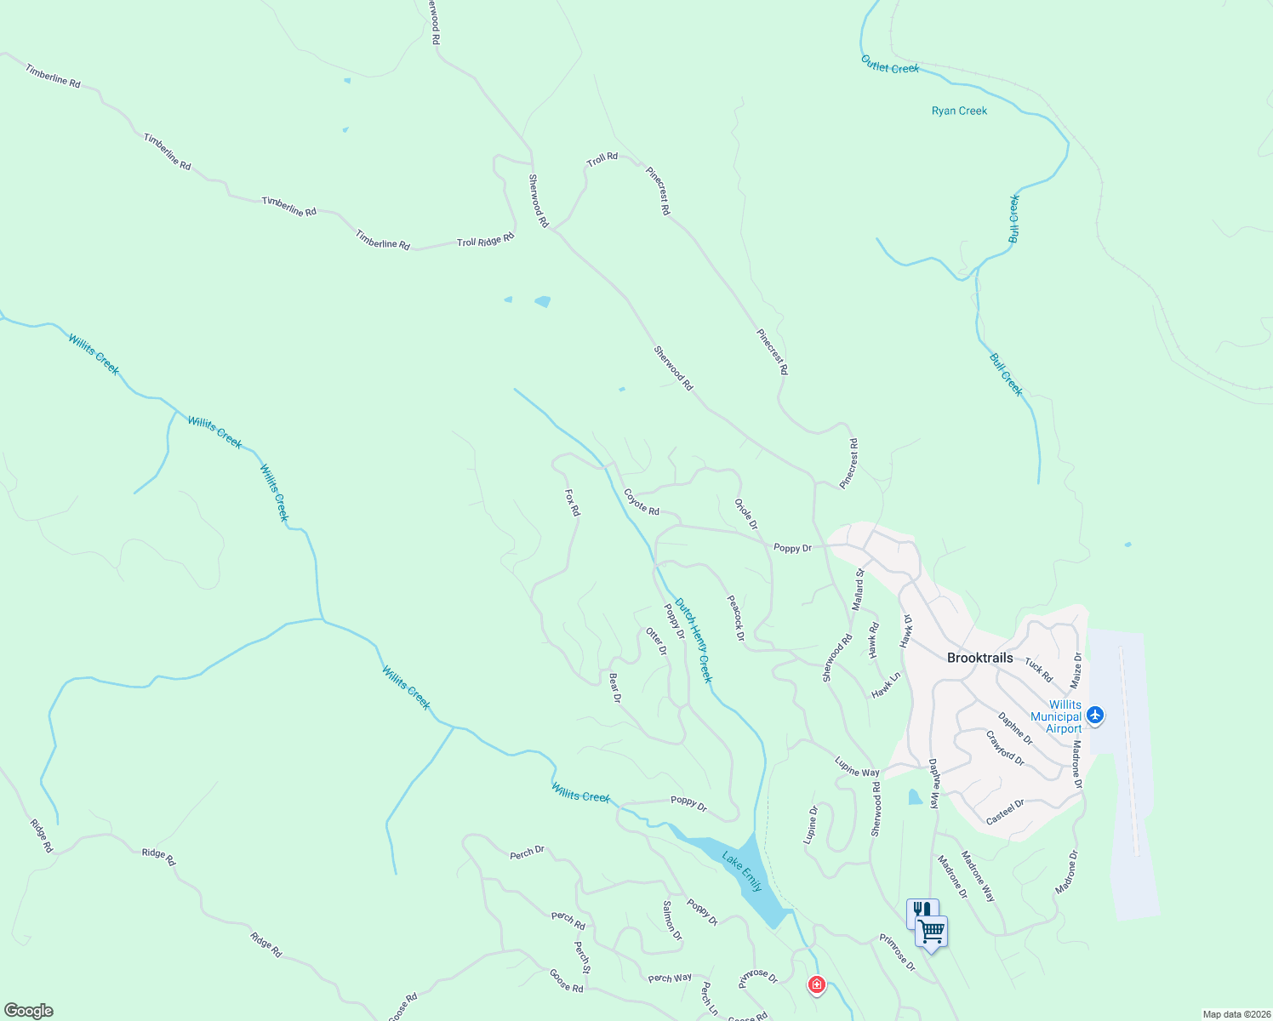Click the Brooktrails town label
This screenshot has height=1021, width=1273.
(979, 658)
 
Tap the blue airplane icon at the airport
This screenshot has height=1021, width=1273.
(1095, 715)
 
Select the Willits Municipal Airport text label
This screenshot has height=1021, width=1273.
(1055, 716)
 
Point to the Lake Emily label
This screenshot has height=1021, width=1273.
(742, 870)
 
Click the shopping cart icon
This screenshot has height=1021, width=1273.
(933, 932)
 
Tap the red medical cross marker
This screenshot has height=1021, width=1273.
(816, 985)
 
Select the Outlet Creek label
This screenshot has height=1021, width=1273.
(890, 65)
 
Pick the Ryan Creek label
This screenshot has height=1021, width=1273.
(959, 111)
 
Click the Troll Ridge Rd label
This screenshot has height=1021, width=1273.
(486, 241)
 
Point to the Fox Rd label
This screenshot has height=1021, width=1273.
(573, 502)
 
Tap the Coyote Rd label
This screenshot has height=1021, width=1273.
(642, 502)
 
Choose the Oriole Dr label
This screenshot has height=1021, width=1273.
(746, 514)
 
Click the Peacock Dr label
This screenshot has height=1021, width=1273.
(736, 618)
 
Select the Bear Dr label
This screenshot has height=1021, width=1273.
(615, 687)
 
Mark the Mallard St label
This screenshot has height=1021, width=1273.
(859, 590)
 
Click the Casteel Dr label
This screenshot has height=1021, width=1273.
(1005, 812)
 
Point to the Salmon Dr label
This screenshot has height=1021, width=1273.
(672, 920)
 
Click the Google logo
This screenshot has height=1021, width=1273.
(29, 1011)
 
